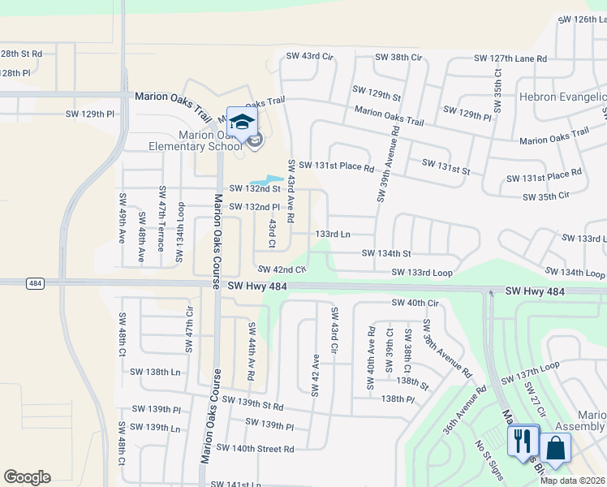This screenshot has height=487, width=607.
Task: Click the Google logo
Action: click(x=27, y=477)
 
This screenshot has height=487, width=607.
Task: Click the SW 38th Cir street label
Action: click(x=398, y=58)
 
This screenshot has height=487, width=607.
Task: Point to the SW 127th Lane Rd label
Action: click(x=510, y=59)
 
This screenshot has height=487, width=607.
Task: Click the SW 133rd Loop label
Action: click(x=421, y=273)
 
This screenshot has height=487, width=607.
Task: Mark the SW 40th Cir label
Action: click(x=415, y=303)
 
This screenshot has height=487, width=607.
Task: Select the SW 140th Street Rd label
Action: click(x=255, y=448)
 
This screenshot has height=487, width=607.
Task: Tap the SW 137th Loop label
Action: click(x=531, y=375)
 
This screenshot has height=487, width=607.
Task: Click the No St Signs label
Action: click(x=489, y=455)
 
